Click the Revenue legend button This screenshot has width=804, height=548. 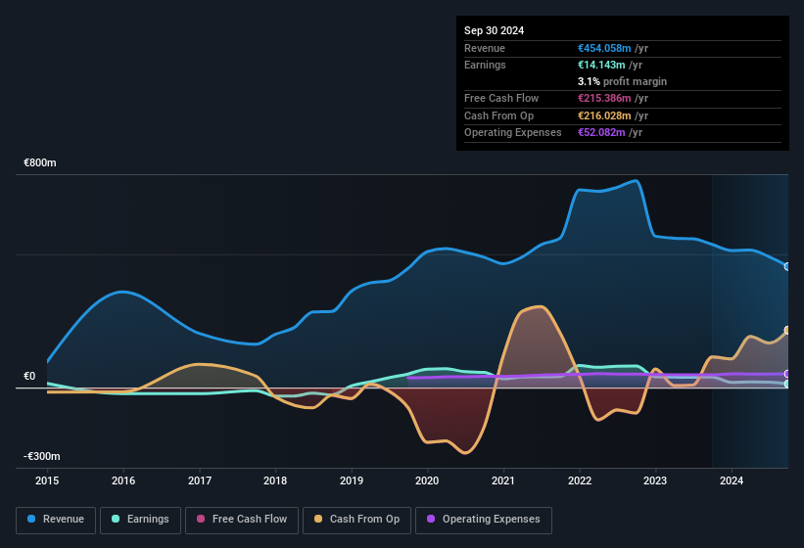click(x=56, y=520)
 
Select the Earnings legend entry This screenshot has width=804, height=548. click(x=140, y=520)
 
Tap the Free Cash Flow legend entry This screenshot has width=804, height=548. click(x=242, y=520)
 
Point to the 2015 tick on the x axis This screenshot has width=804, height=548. click(x=47, y=480)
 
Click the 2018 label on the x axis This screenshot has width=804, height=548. click(x=275, y=480)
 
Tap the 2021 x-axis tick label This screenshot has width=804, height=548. click(x=503, y=480)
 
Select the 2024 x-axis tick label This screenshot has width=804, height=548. click(x=731, y=480)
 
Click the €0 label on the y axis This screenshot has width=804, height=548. click(x=29, y=377)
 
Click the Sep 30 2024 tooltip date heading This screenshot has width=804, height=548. click(x=494, y=30)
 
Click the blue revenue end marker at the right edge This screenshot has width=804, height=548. click(x=787, y=266)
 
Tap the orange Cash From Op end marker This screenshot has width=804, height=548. click(x=787, y=331)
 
